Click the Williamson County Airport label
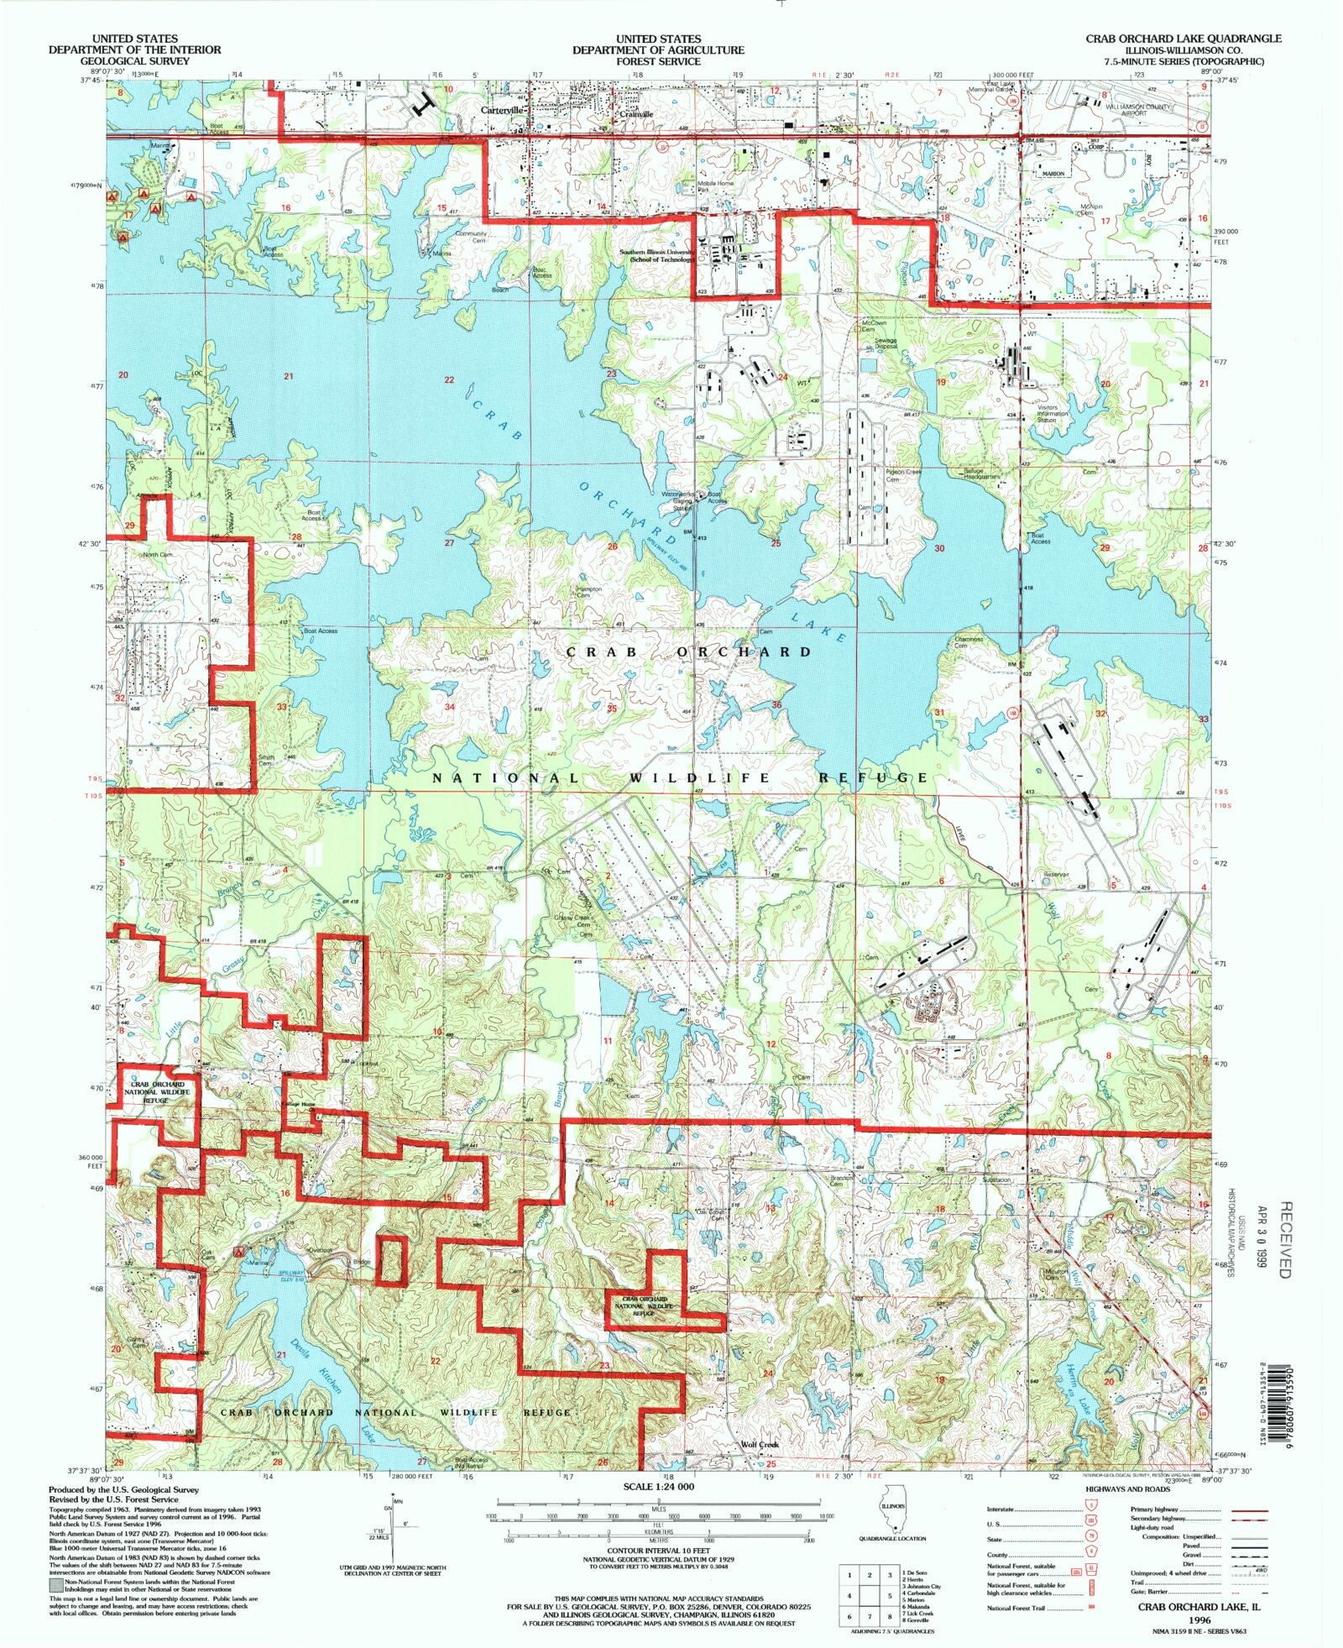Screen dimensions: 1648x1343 click(x=1136, y=109)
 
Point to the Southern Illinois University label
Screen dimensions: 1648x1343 click(x=656, y=255)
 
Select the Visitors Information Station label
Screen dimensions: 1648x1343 click(x=1053, y=414)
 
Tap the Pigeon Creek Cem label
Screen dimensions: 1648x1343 click(x=904, y=475)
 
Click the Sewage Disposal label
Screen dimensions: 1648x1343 click(x=886, y=343)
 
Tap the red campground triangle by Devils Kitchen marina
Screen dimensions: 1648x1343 click(x=239, y=1250)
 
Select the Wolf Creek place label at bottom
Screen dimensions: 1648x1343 click(x=760, y=1444)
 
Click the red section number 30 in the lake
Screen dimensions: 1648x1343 click(x=939, y=548)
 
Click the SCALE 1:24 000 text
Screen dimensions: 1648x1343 click(x=658, y=1487)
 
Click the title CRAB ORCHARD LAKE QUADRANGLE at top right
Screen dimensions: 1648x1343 click(x=1183, y=39)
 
